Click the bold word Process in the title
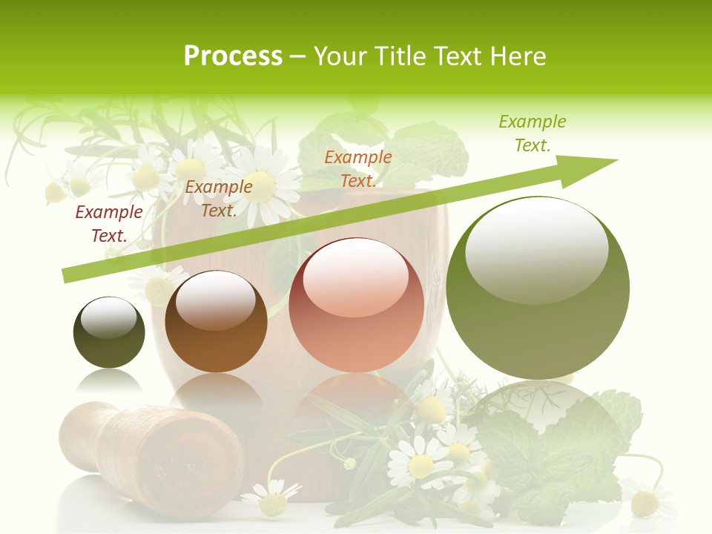click(x=233, y=56)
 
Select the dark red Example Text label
click(x=108, y=224)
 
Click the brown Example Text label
click(x=219, y=199)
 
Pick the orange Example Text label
click(x=358, y=169)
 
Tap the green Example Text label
click(x=532, y=133)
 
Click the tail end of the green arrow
click(x=68, y=276)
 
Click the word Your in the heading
click(x=341, y=56)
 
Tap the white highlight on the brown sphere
click(x=215, y=298)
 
